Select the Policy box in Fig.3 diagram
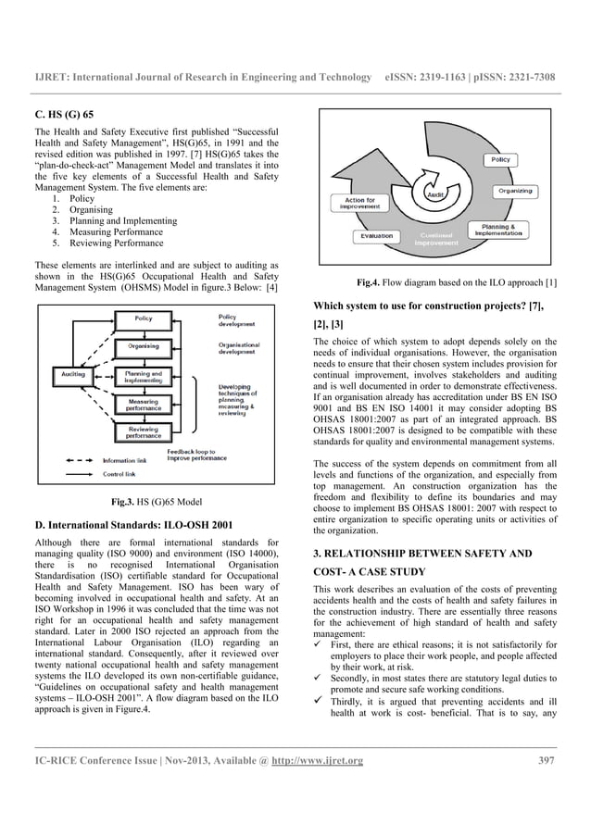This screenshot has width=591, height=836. [143, 318]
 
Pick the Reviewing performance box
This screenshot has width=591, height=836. [143, 433]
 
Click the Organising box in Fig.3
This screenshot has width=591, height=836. [143, 346]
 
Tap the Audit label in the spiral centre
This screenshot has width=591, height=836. [436, 193]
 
